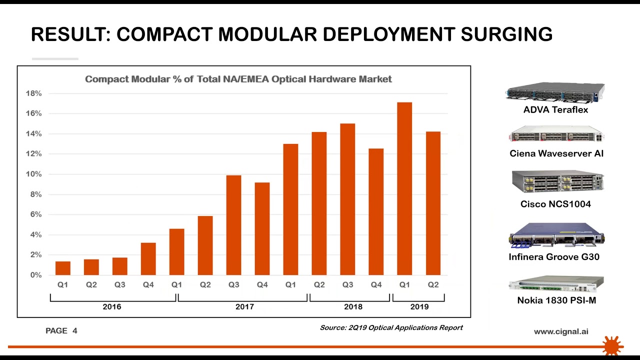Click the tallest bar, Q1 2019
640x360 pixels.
[404, 188]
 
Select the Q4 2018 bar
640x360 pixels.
[376, 212]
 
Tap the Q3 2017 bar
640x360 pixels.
[233, 225]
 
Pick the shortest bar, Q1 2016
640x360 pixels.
[62, 268]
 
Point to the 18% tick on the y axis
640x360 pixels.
[33, 93]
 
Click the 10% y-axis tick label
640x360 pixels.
[33, 174]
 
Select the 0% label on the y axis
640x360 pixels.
[36, 275]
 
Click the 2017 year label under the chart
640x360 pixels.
[244, 306]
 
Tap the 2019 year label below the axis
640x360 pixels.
[419, 306]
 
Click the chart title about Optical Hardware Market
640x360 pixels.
[238, 79]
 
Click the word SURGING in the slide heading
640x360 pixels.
[506, 34]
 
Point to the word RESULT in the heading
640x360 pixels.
[70, 34]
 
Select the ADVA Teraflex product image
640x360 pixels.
[555, 92]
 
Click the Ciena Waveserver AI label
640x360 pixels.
[556, 153]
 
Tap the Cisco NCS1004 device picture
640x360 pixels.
[557, 182]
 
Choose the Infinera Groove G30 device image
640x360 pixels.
[556, 235]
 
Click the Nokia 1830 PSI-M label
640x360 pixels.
[556, 300]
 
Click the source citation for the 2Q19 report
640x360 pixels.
[391, 328]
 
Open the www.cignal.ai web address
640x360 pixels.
[560, 331]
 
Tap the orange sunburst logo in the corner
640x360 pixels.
[611, 345]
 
